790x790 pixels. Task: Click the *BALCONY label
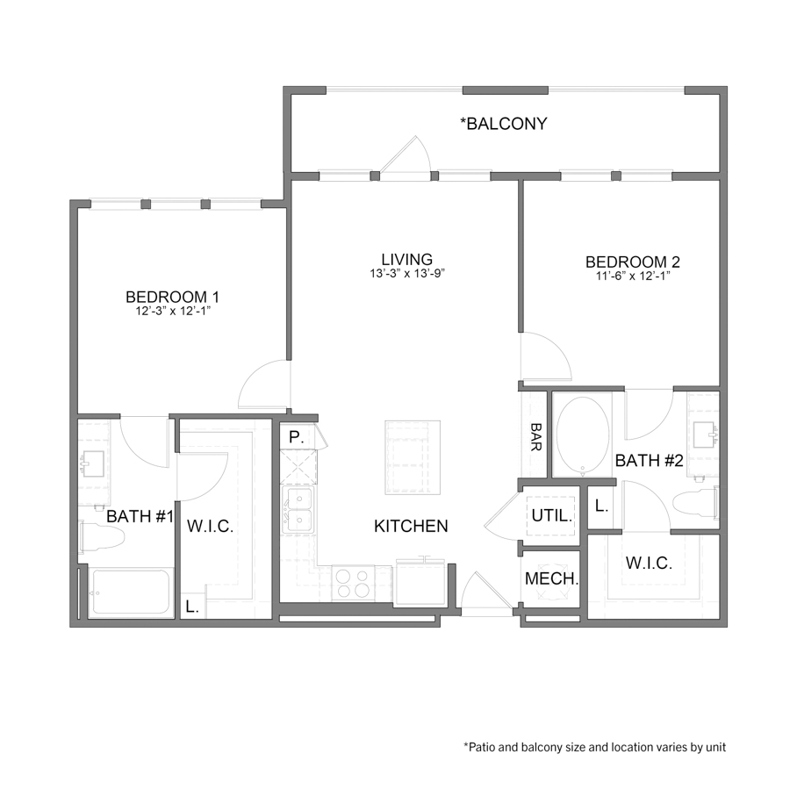504,124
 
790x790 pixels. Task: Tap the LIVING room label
406,259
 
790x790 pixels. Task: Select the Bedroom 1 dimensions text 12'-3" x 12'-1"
172,311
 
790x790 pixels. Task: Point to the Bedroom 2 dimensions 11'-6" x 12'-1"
632,276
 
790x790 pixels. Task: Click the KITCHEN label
411,527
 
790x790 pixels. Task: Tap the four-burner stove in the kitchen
353,584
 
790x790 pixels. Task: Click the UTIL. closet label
551,516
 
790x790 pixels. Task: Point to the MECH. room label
551,579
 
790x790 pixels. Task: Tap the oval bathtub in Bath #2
583,436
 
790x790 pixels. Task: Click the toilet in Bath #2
693,506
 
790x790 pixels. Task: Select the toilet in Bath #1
94,536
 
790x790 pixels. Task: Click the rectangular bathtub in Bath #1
130,594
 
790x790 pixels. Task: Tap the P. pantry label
294,436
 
